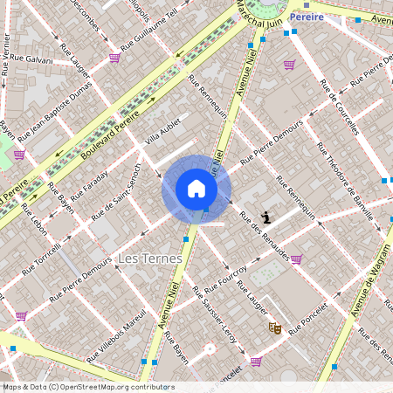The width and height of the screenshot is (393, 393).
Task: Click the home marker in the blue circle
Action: pos(196,189)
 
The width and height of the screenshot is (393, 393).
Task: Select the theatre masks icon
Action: pos(274,328)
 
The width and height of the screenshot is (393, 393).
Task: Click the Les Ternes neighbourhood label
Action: pos(149,259)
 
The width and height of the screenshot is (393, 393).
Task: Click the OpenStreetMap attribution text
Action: pos(87,387)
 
